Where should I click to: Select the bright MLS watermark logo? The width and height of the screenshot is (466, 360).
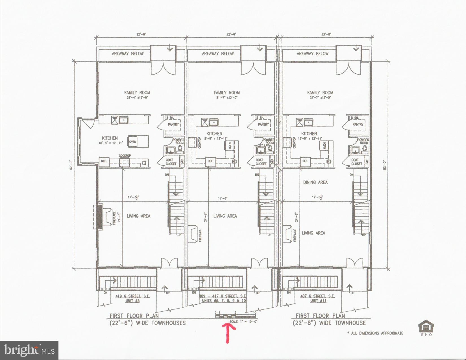tap(29, 350)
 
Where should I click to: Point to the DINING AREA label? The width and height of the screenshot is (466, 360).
tap(315, 182)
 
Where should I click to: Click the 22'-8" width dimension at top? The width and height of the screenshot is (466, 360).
tap(326, 34)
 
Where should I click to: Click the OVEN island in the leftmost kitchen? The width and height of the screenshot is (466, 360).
tap(138, 141)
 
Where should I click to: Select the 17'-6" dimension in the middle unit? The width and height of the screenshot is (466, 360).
tap(223, 198)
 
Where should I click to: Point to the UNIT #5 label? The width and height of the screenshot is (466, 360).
tap(132, 301)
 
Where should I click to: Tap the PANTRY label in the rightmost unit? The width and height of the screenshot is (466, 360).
tap(358, 124)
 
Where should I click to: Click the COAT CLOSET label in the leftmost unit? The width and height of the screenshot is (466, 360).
tap(171, 162)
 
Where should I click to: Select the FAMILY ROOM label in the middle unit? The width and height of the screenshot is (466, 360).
tap(227, 92)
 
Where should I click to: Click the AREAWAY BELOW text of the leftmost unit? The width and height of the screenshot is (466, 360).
tap(128, 53)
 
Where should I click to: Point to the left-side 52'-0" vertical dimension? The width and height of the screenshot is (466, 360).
tap(72, 165)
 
